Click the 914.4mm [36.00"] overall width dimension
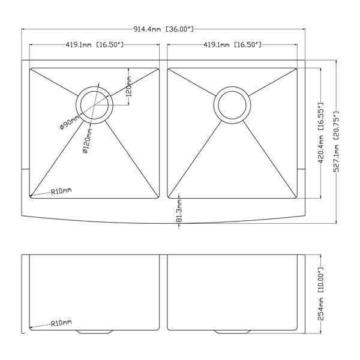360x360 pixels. [x=163, y=29]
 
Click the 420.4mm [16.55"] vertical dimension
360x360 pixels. [x=321, y=133]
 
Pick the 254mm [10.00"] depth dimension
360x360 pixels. [x=321, y=294]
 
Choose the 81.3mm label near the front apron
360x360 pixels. [x=179, y=211]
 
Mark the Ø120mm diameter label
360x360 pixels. [x=88, y=141]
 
